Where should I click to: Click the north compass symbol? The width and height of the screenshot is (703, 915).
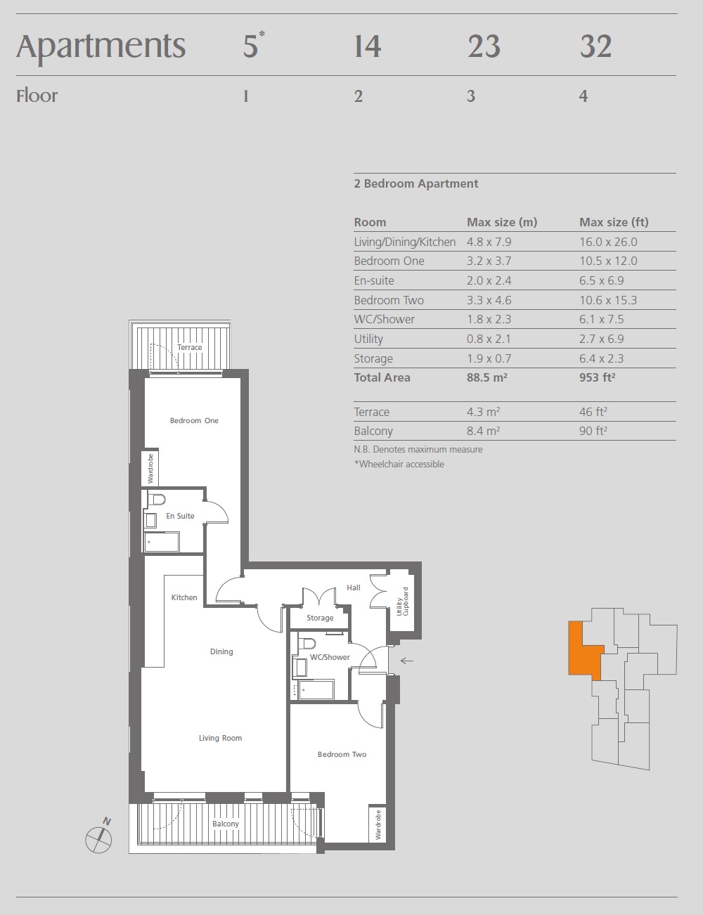click(99, 839)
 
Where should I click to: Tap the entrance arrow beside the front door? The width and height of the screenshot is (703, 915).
click(406, 661)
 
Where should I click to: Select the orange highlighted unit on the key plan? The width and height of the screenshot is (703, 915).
click(585, 650)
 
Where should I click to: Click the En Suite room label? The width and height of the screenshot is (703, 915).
click(180, 516)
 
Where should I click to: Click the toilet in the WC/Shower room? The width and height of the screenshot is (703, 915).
click(307, 644)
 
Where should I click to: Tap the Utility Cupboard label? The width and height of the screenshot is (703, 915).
click(403, 602)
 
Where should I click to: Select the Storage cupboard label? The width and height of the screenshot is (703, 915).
click(320, 618)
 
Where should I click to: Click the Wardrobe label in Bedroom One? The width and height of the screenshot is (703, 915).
click(150, 469)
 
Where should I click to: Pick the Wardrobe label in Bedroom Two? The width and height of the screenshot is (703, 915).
click(378, 825)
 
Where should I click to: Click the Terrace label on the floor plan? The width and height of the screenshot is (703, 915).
click(190, 347)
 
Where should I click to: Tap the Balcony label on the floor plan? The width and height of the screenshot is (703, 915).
click(226, 824)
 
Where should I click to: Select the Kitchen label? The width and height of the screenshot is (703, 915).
click(184, 597)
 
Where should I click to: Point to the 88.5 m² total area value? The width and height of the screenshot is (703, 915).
click(486, 377)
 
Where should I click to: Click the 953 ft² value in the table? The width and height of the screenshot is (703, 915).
click(597, 377)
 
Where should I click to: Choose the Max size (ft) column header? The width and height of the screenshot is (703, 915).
click(614, 222)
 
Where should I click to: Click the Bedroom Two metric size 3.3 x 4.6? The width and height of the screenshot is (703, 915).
click(489, 300)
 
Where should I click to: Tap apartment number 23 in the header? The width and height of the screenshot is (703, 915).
click(484, 46)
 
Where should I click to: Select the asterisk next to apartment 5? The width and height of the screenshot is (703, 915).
click(262, 34)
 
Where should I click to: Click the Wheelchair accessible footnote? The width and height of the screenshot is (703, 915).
click(399, 464)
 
